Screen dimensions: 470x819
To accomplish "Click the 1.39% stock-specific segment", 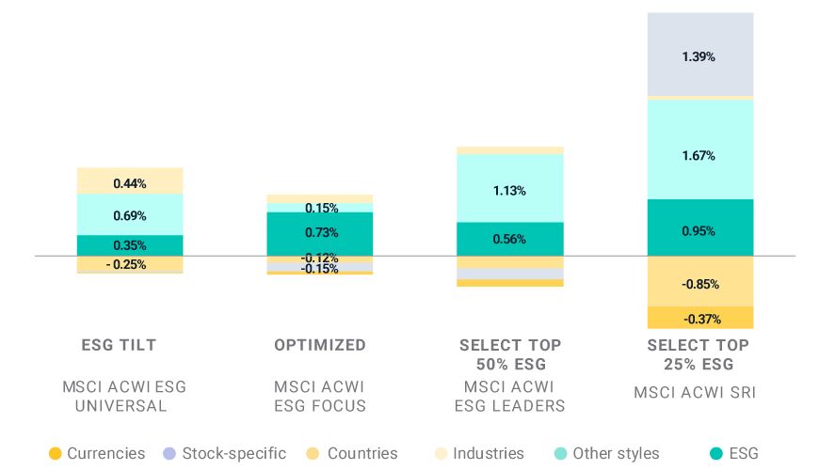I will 699,56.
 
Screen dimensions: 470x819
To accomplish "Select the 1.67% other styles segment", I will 699,154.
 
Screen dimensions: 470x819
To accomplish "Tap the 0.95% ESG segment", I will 699,230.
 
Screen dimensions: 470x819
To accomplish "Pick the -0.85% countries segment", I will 699,283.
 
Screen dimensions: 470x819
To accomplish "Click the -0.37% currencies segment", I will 699,318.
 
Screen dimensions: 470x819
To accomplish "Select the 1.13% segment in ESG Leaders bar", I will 509,190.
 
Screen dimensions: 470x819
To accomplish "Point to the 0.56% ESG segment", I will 509,239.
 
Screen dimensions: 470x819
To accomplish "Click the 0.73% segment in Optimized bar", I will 319,232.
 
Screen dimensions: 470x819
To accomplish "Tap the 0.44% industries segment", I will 130,182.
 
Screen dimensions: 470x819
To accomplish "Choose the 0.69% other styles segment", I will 130,215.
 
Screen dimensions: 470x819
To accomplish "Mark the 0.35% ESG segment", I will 130,245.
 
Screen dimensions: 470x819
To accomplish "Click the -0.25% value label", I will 126,264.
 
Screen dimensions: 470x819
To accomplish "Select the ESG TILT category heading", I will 119,345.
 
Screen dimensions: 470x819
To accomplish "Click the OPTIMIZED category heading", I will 319,345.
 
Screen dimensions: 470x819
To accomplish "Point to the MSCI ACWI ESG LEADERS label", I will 509,396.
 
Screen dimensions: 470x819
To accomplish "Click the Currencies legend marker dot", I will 55,454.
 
